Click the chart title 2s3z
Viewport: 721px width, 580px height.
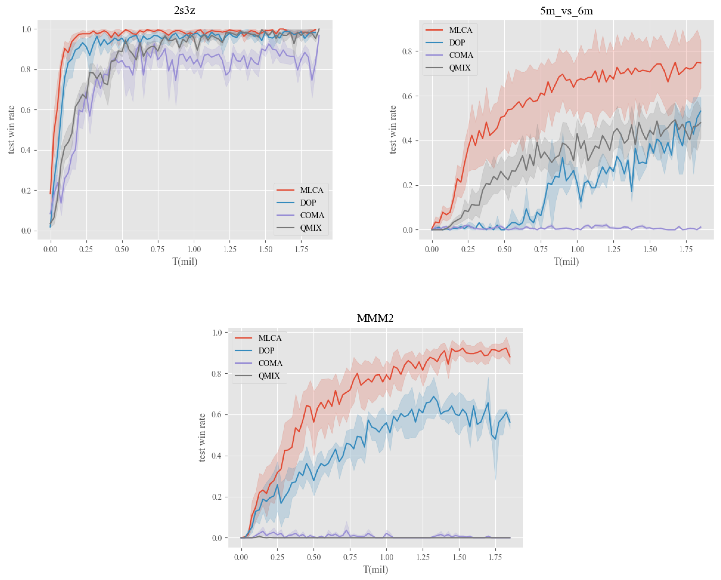tap(185, 10)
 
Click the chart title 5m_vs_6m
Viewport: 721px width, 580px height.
tap(566, 11)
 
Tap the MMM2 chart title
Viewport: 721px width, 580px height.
tap(375, 318)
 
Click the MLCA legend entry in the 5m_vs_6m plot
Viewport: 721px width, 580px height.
tap(460, 30)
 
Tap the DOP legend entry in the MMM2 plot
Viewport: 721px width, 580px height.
tap(266, 351)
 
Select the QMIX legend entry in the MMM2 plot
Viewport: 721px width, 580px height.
tap(269, 376)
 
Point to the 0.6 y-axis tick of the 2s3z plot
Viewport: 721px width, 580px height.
tap(26, 110)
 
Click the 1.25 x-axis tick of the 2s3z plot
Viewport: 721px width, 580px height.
tap(229, 249)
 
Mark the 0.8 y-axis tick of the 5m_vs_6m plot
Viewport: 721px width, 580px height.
tap(407, 51)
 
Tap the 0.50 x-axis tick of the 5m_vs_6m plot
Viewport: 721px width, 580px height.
tap(504, 249)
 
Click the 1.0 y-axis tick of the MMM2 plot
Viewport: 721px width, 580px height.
tap(217, 333)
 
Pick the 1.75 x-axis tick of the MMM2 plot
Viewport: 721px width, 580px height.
tap(495, 557)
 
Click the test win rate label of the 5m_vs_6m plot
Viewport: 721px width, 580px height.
tap(393, 130)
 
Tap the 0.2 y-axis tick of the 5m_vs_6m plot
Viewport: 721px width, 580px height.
tap(407, 186)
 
